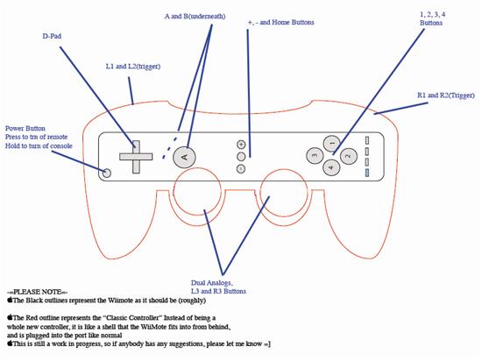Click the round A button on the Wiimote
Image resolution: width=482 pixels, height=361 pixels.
pyautogui.click(x=184, y=157)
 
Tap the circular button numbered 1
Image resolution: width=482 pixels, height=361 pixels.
pyautogui.click(x=331, y=144)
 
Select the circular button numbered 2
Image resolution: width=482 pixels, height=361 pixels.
pyautogui.click(x=349, y=156)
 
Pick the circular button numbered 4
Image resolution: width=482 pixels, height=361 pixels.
pyautogui.click(x=331, y=167)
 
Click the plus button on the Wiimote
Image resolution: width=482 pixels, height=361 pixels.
pyautogui.click(x=241, y=144)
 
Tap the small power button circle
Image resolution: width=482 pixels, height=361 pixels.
pyautogui.click(x=107, y=173)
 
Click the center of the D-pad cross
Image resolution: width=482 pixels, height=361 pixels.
pyautogui.click(x=136, y=157)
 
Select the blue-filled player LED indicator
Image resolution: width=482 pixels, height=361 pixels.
pyautogui.click(x=367, y=173)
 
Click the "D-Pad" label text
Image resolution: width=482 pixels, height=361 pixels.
pyautogui.click(x=52, y=36)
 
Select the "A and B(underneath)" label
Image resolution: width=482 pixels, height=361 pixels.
pyautogui.click(x=195, y=16)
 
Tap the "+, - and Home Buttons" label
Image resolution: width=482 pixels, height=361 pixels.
pyautogui.click(x=281, y=22)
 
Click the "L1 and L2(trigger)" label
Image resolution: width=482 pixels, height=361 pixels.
pyautogui.click(x=133, y=67)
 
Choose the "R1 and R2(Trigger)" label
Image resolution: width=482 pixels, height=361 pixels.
pyautogui.click(x=446, y=96)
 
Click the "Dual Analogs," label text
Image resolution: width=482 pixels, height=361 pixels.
pyautogui.click(x=212, y=283)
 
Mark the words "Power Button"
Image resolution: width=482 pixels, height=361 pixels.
pyautogui.click(x=25, y=129)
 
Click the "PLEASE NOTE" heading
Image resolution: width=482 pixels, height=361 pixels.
pyautogui.click(x=38, y=292)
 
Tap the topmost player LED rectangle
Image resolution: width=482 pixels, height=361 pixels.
pyautogui.click(x=367, y=140)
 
